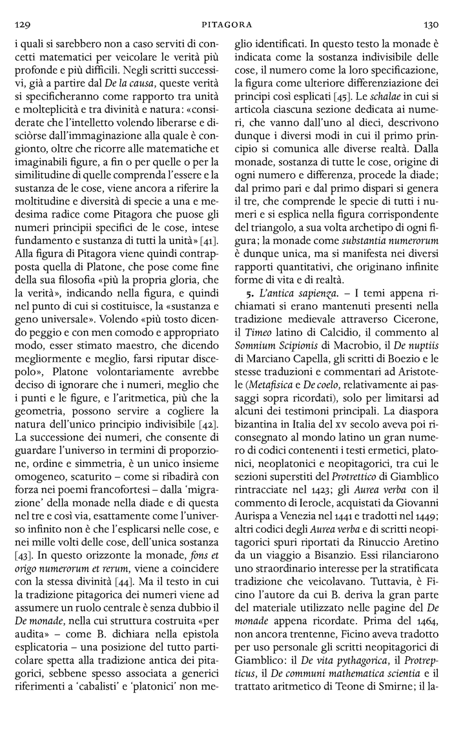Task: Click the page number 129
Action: click(x=21, y=25)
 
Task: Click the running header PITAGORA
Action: click(x=225, y=25)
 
